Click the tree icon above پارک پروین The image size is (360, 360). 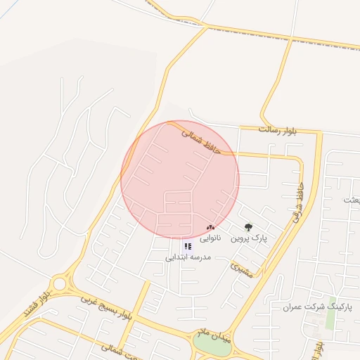click(247, 227)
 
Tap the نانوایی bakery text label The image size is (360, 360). click(210, 238)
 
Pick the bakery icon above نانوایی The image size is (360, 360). click(210, 227)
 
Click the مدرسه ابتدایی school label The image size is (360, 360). click(188, 257)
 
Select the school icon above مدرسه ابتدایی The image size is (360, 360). click(188, 246)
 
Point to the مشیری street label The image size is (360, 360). click(243, 268)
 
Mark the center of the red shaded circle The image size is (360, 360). click(180, 179)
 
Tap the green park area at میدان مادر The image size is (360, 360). click(210, 346)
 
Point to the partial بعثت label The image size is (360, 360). click(352, 200)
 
